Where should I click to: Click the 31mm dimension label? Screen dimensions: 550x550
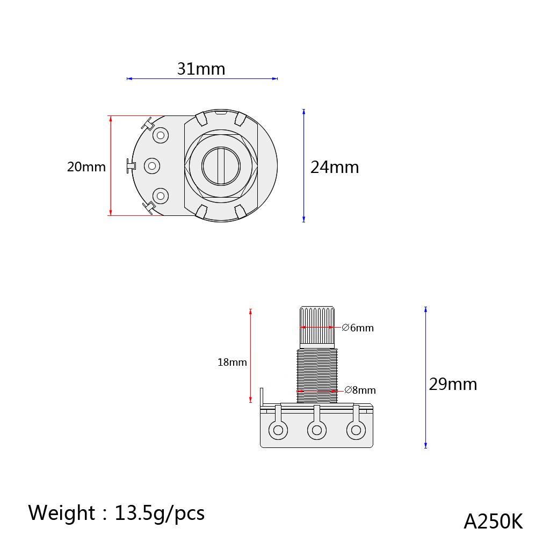coord(201,69)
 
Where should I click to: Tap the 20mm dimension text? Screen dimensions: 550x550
coord(86,167)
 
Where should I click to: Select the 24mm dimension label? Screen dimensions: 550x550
coord(334,168)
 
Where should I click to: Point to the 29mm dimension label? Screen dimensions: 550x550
coord(452,385)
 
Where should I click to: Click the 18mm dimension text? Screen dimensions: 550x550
coord(232,363)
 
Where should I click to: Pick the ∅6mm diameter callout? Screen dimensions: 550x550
coord(358,328)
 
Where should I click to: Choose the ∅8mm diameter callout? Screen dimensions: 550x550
coord(360,390)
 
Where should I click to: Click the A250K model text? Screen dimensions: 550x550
coord(493,522)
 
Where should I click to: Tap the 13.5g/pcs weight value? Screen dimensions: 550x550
coord(159,513)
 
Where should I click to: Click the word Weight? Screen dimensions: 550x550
coord(61,513)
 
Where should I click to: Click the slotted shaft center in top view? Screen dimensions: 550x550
coord(221,166)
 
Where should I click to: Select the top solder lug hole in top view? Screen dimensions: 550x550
coord(161,135)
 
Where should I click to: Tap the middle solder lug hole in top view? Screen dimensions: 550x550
coord(153,166)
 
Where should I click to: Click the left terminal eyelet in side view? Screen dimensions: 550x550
coord(278,430)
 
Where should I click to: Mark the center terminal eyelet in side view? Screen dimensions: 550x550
coord(316,430)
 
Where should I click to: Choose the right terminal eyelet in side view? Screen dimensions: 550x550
coord(355,430)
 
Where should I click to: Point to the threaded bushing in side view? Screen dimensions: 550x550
coord(317,373)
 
